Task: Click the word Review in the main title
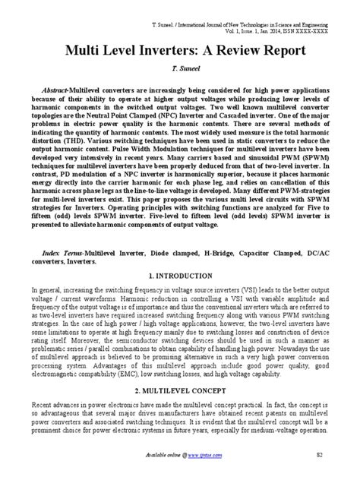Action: click(214, 51)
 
